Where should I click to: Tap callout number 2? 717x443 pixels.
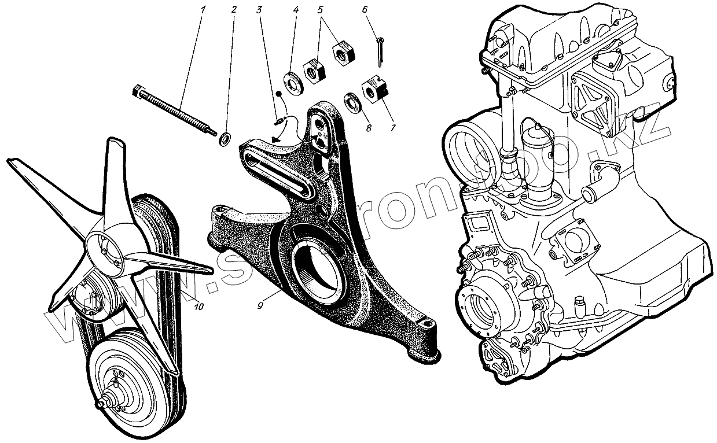233,10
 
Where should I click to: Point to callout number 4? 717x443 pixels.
295,10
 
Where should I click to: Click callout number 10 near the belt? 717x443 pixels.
198,307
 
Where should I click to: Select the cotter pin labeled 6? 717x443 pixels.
380,50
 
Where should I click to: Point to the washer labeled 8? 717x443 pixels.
352,101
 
